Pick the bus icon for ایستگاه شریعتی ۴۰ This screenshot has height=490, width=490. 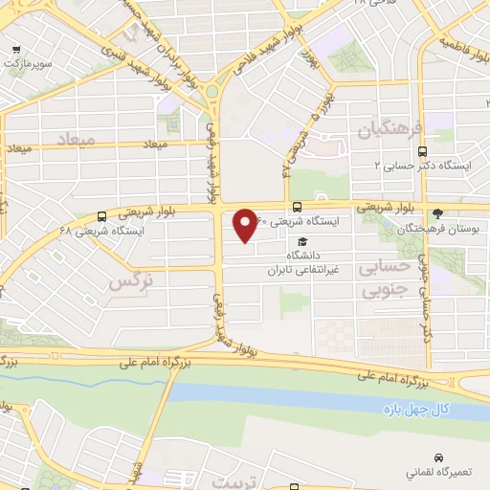297,207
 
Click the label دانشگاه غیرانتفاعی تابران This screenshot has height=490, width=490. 304,263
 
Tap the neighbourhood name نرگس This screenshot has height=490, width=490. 130,281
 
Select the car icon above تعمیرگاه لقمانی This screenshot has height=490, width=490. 439,457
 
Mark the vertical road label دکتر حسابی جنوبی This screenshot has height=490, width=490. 427,311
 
